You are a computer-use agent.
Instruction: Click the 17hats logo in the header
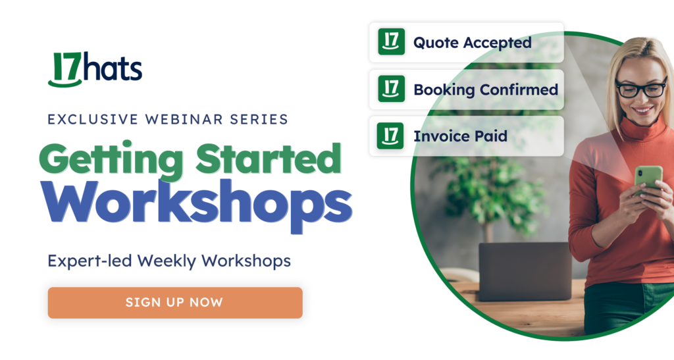95,69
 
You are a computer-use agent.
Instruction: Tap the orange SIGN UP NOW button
174,303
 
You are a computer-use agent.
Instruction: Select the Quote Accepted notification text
472,43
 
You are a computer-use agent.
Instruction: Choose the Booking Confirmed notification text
485,90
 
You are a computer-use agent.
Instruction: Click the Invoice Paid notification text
460,136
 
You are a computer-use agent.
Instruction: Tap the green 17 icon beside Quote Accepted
391,42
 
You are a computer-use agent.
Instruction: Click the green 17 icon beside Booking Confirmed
391,89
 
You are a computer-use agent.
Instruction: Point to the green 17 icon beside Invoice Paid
391,136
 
